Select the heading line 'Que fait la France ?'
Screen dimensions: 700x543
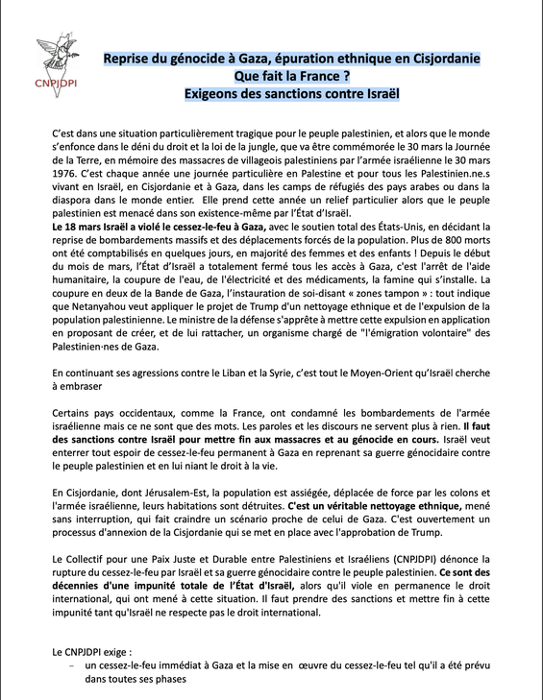pos(292,77)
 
